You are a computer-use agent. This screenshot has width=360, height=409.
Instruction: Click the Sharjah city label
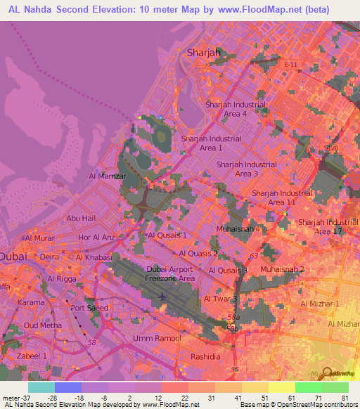pyautogui.click(x=204, y=52)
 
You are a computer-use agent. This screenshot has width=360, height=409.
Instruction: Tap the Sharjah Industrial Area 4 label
pyautogui.click(x=236, y=109)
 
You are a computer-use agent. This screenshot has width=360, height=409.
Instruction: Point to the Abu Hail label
pyautogui.click(x=80, y=218)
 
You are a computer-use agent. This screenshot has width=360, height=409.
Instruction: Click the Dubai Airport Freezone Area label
pyautogui.click(x=170, y=274)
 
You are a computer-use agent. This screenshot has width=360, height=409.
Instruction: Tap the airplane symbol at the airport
pyautogui.click(x=164, y=296)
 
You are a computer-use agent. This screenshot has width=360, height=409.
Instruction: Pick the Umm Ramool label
pyautogui.click(x=157, y=338)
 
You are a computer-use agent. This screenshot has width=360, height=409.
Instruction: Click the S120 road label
pyautogui.click(x=331, y=149)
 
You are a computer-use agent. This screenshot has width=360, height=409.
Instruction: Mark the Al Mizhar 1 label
pyautogui.click(x=320, y=304)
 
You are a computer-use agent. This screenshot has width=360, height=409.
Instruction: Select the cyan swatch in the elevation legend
pyautogui.click(x=41, y=387)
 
